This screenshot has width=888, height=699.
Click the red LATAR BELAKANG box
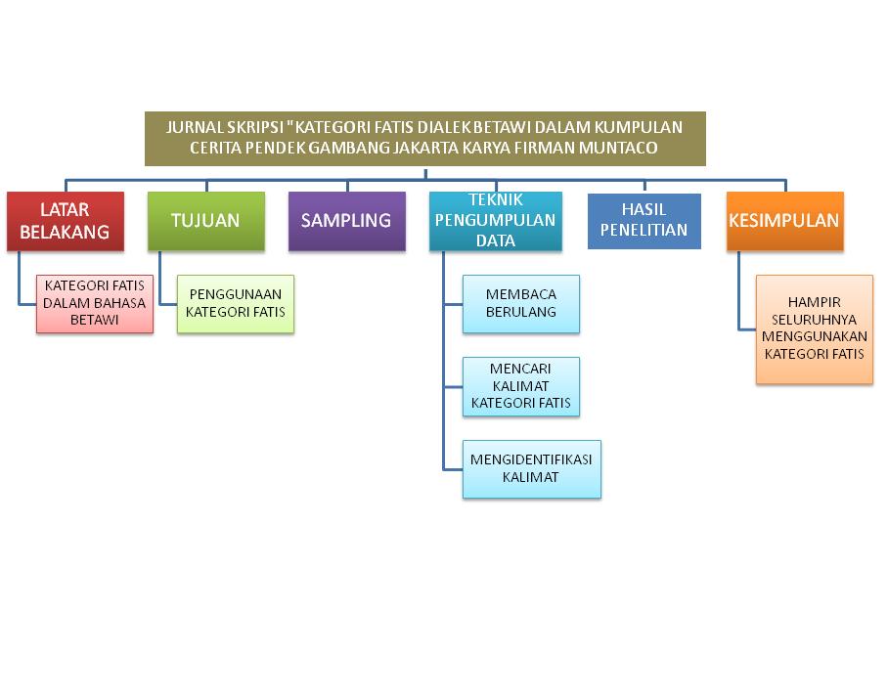(66, 221)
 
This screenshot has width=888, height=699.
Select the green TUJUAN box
(205, 221)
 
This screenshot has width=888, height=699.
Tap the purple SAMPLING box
(346, 221)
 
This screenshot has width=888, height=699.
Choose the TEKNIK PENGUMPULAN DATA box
(496, 222)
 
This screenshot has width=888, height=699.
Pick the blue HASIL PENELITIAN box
(644, 221)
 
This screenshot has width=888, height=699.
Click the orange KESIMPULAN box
(784, 221)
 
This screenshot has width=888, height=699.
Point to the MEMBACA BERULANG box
(521, 304)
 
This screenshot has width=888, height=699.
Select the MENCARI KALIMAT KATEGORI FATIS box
(521, 386)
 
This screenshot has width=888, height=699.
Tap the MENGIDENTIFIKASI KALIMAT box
(531, 469)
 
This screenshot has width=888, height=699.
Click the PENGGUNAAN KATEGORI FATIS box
(235, 304)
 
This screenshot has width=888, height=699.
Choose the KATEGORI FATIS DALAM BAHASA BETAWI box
(95, 303)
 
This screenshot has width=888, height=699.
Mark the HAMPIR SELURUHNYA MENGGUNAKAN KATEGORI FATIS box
(815, 328)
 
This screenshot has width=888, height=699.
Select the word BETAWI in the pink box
(95, 320)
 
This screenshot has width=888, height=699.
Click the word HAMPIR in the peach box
(815, 303)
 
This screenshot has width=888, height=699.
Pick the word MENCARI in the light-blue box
(521, 369)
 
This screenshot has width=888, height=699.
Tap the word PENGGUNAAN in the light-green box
(235, 295)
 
